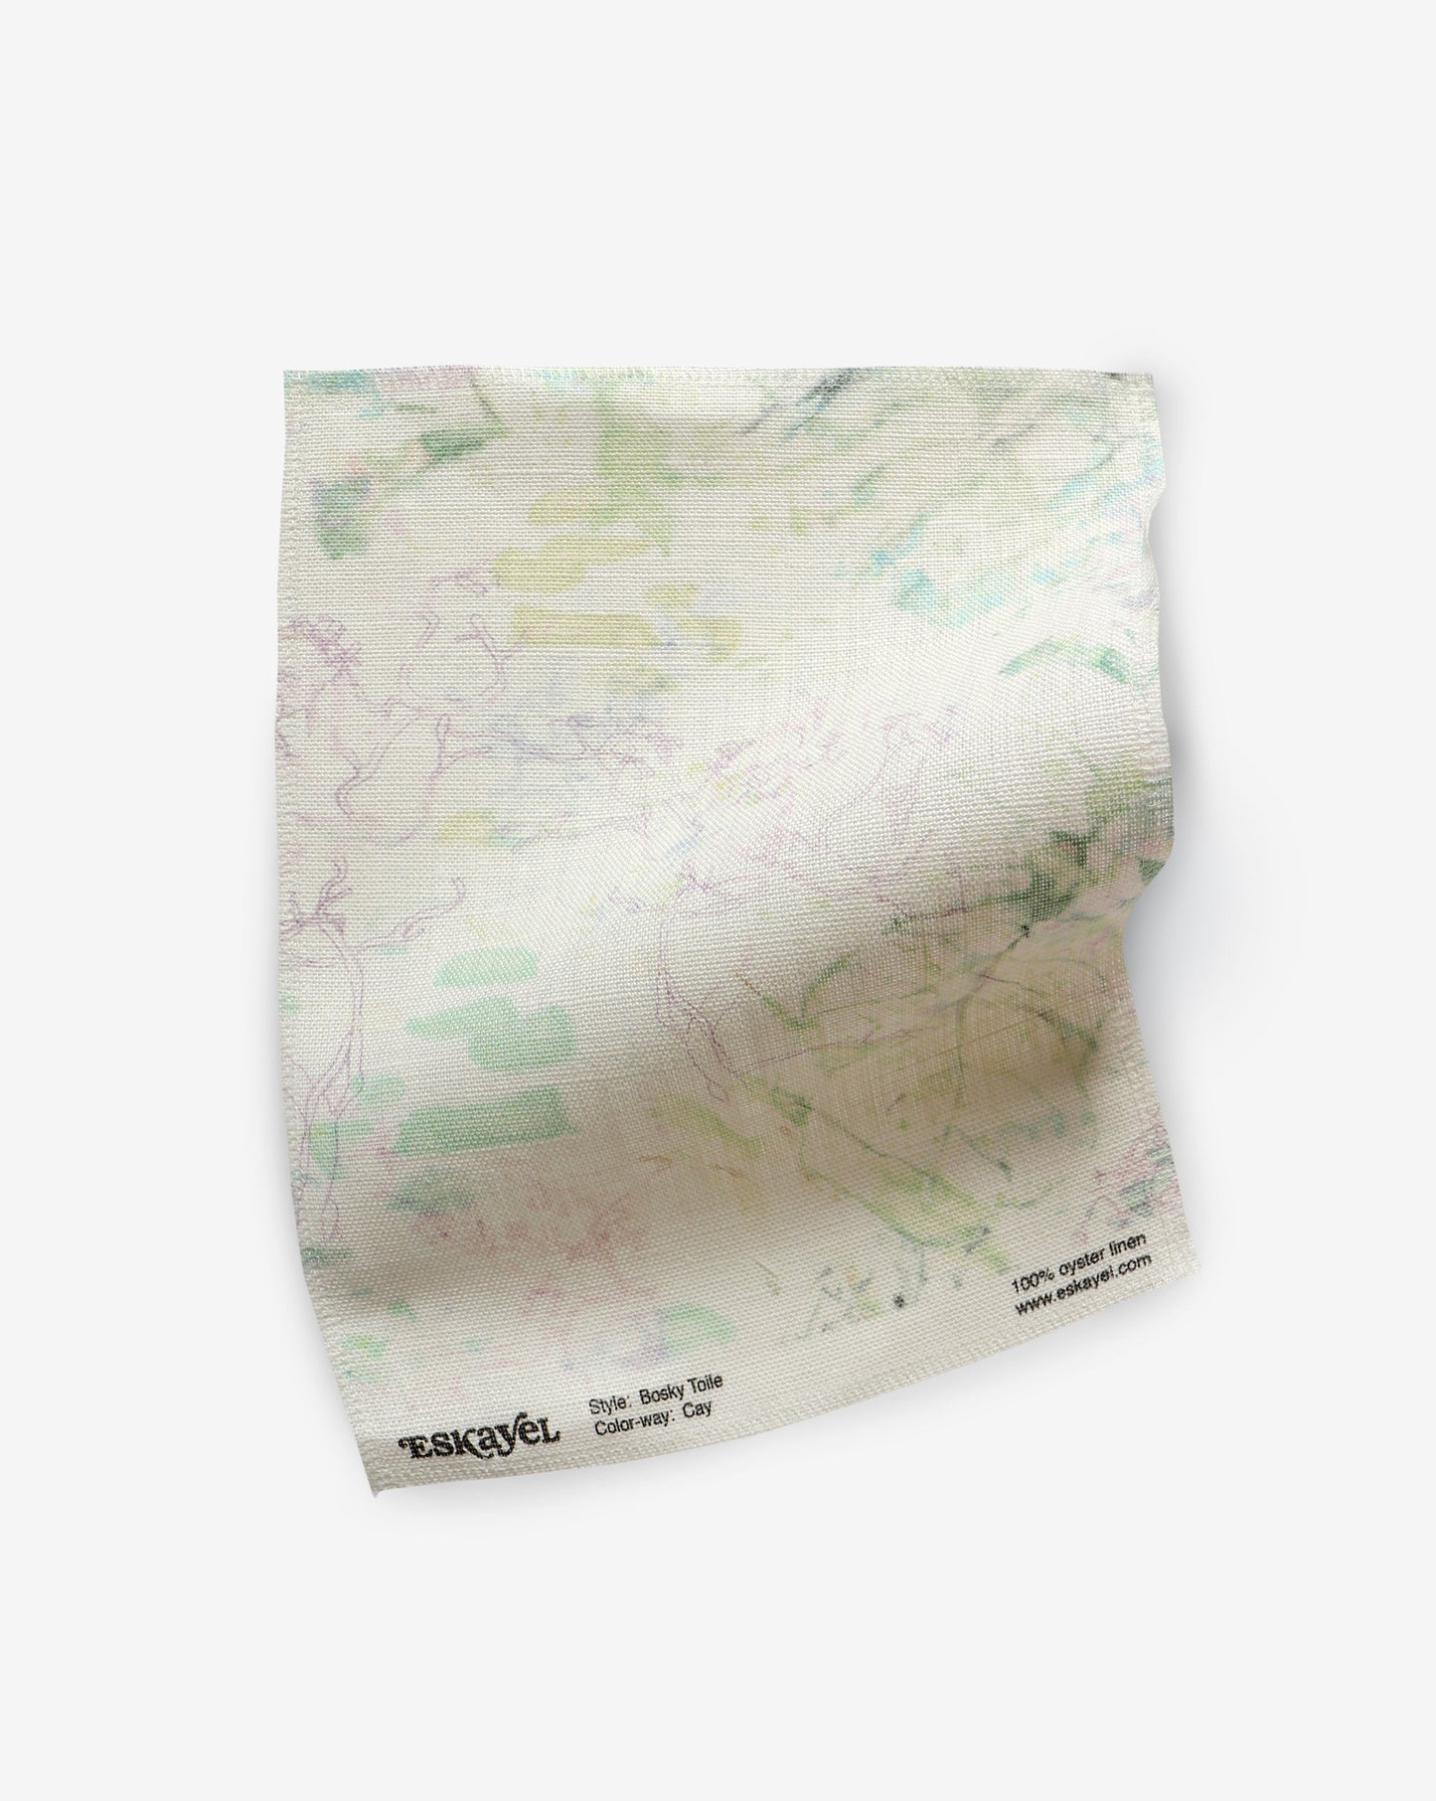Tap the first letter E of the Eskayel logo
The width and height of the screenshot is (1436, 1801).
tap(409, 1443)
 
